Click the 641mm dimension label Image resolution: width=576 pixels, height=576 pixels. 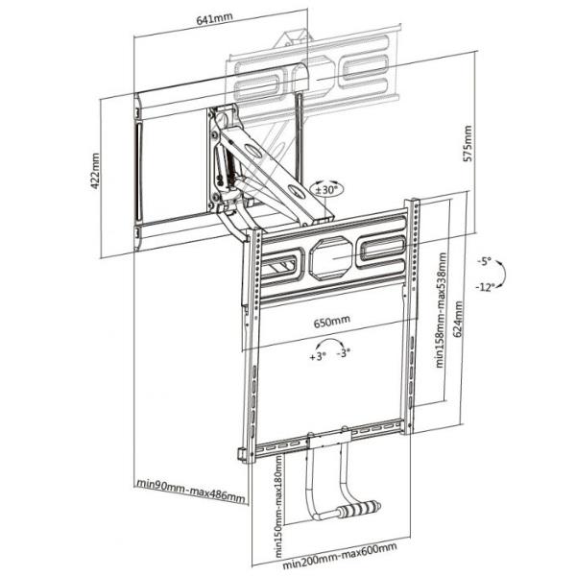pyautogui.click(x=214, y=18)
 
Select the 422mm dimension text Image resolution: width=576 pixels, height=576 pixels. pyautogui.click(x=95, y=171)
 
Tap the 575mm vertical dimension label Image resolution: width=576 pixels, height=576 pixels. pyautogui.click(x=468, y=143)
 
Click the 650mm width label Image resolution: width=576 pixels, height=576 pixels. pyautogui.click(x=332, y=322)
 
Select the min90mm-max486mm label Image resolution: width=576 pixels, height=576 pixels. pyautogui.click(x=191, y=490)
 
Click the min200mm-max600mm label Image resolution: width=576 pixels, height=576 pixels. pyautogui.click(x=340, y=554)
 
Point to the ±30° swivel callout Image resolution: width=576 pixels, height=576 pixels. pyautogui.click(x=326, y=189)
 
